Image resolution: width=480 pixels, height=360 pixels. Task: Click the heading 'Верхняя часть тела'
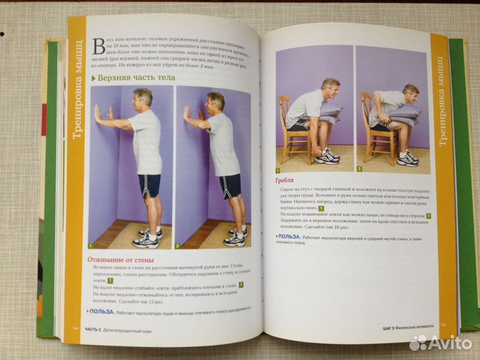[136, 78]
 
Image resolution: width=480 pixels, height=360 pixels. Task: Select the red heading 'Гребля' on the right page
[285, 180]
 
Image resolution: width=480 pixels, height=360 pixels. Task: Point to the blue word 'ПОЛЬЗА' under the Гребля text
[288, 235]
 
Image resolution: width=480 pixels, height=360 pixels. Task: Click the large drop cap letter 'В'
[99, 46]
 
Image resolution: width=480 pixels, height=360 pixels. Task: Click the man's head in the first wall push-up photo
[141, 98]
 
